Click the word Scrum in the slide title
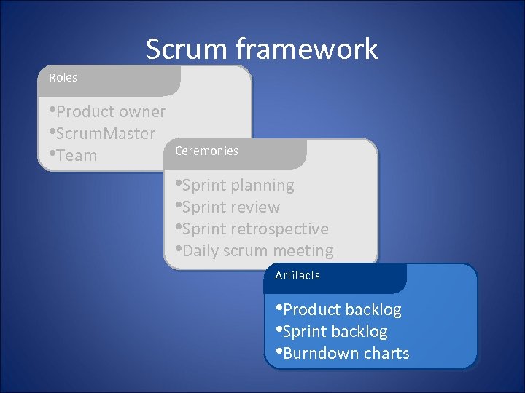click(x=187, y=49)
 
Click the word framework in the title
click(x=306, y=49)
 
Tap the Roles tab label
click(x=63, y=77)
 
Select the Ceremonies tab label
click(x=206, y=151)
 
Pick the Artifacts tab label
click(x=297, y=275)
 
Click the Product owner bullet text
click(x=110, y=112)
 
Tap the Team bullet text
click(x=77, y=156)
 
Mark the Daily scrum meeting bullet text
click(x=257, y=251)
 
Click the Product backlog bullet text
click(x=342, y=310)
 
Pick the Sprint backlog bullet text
click(x=335, y=332)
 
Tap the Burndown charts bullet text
click(x=346, y=354)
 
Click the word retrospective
click(x=279, y=229)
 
